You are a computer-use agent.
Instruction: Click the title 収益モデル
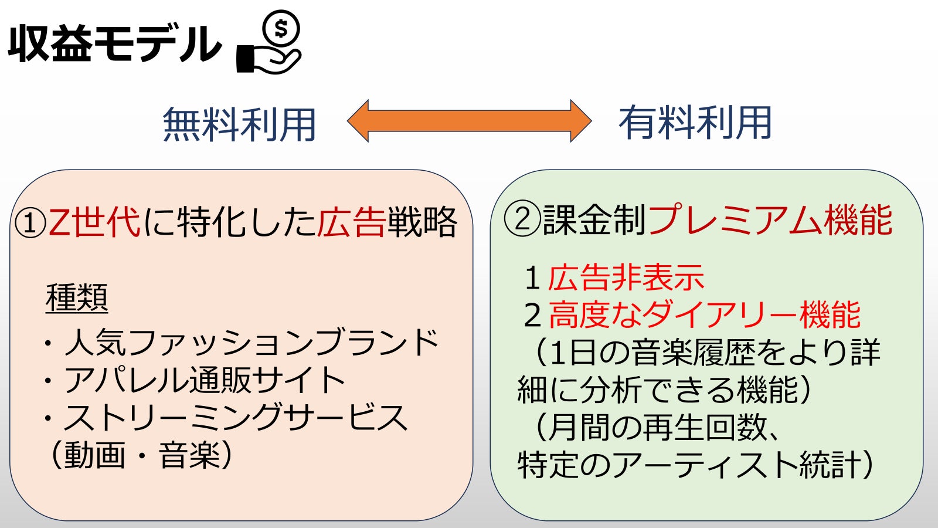[x=114, y=43]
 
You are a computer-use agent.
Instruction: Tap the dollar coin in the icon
[x=281, y=29]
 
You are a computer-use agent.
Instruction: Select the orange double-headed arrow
[x=470, y=121]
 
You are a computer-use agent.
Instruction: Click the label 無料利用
[x=239, y=124]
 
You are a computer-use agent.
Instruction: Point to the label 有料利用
[x=695, y=123]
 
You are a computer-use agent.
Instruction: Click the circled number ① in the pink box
[x=30, y=223]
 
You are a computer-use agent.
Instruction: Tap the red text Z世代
[x=94, y=222]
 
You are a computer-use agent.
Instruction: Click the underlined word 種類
[x=77, y=299]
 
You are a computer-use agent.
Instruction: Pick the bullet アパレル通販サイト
[x=193, y=380]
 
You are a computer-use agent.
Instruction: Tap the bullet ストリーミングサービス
[x=225, y=418]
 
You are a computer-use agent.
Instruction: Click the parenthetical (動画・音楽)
[x=140, y=455]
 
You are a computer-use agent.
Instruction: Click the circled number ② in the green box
[x=522, y=219]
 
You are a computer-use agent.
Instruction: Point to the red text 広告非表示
[x=626, y=278]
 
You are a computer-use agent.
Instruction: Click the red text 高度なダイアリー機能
[x=704, y=315]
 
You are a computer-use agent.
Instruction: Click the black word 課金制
[x=594, y=219]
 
